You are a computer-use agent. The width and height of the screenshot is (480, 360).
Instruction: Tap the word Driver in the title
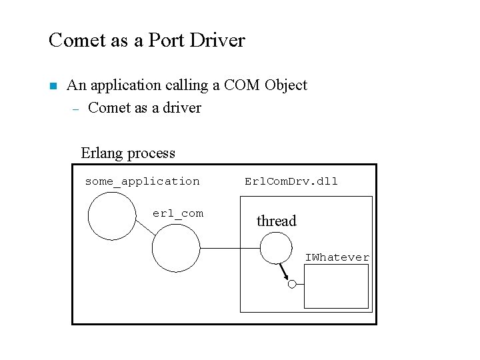(217, 40)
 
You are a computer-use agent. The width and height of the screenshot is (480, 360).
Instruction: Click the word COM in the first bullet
(243, 85)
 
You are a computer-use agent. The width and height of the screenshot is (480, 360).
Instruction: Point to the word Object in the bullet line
(285, 85)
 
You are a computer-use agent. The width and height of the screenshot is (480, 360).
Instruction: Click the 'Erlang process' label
(128, 153)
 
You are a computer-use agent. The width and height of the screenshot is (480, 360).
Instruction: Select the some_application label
(142, 181)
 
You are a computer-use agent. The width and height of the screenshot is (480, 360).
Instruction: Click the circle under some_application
(112, 215)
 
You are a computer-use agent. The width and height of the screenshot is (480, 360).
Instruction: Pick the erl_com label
(178, 213)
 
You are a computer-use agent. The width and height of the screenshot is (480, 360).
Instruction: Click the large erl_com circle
(176, 249)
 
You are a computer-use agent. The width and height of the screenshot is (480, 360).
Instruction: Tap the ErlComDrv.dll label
(291, 181)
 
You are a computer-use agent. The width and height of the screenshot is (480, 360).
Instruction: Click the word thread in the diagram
(276, 221)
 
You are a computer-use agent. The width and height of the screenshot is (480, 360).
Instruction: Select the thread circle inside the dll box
(276, 249)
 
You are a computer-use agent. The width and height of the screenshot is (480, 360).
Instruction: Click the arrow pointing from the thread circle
(283, 271)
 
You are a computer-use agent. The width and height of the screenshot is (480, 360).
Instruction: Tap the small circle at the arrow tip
(291, 284)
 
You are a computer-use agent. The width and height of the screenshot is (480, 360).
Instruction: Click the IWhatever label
(337, 257)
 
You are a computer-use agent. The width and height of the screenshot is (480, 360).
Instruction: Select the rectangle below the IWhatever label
(336, 286)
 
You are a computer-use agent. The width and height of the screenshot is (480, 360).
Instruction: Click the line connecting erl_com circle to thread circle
(229, 249)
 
